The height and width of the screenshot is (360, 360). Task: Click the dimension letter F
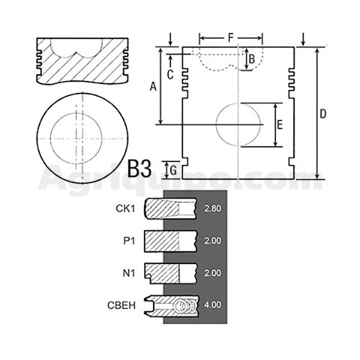[x=230, y=38]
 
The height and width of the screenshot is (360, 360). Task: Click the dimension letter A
[x=153, y=87]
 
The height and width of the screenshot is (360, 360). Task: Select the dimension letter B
[x=252, y=59]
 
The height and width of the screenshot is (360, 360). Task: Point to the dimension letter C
[x=170, y=74]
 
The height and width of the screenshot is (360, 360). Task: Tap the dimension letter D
[x=323, y=114]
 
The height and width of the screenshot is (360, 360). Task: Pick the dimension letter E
[x=280, y=125]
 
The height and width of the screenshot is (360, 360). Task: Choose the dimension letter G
[x=173, y=170]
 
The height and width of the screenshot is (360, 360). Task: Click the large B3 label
[x=139, y=169]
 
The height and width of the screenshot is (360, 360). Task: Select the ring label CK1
[x=125, y=208]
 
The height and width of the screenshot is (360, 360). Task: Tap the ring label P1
[x=129, y=241]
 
